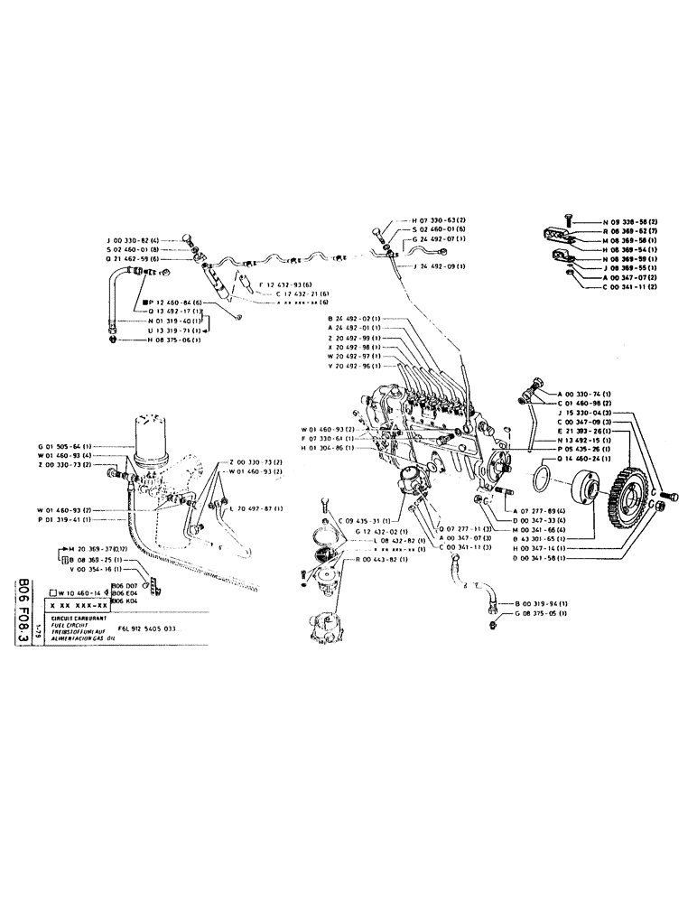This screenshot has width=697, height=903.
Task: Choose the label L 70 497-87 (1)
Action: pos(256,508)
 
